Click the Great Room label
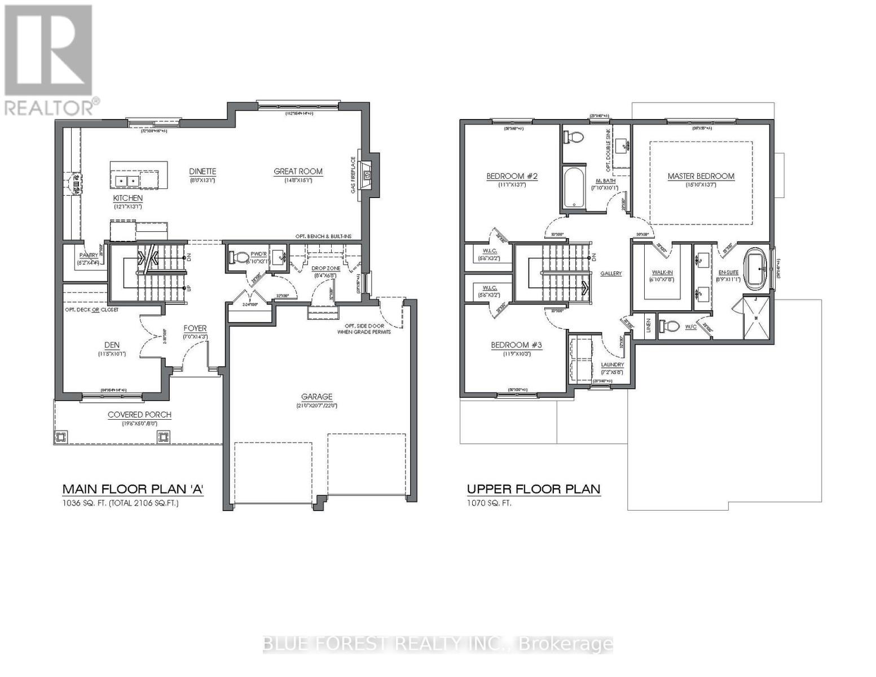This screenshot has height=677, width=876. click(x=298, y=172)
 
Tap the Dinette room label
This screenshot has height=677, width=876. click(x=203, y=172)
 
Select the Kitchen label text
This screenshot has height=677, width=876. click(x=128, y=198)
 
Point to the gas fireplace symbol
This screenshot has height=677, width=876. click(x=366, y=175)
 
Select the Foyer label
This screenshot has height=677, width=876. click(x=195, y=328)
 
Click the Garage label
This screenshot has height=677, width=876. click(x=316, y=397)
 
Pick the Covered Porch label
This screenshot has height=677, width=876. click(x=139, y=415)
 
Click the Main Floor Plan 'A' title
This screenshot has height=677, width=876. click(x=133, y=489)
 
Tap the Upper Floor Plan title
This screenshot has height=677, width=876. click(x=533, y=489)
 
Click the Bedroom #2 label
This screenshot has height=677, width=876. click(x=512, y=176)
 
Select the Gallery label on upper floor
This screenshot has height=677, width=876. click(x=611, y=274)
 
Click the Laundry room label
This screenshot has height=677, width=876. click(x=612, y=365)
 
